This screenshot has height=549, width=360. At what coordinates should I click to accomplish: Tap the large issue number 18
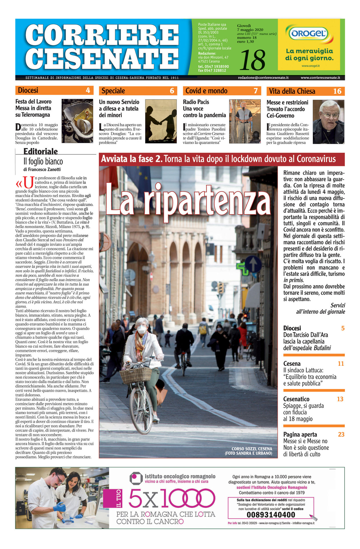[252, 60]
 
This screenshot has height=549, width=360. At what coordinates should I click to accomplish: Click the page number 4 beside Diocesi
[88, 90]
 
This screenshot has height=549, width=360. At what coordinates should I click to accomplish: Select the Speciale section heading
[113, 91]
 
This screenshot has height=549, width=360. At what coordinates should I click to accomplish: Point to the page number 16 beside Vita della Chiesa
[337, 91]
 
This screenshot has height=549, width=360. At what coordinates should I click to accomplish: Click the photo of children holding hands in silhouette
[161, 121]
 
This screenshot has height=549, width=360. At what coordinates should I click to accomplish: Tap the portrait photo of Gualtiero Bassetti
[328, 122]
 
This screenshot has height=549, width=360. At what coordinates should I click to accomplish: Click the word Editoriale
[41, 151]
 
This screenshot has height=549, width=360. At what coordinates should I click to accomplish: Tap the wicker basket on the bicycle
[136, 375]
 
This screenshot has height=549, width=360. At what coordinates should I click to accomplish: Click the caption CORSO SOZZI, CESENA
[252, 449]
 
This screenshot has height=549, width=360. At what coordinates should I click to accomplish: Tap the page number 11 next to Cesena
[341, 364]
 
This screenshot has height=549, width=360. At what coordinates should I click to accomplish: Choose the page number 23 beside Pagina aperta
[341, 434]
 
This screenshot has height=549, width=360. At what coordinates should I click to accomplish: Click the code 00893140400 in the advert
[271, 515]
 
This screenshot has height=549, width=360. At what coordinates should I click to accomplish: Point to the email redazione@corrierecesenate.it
[263, 77]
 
